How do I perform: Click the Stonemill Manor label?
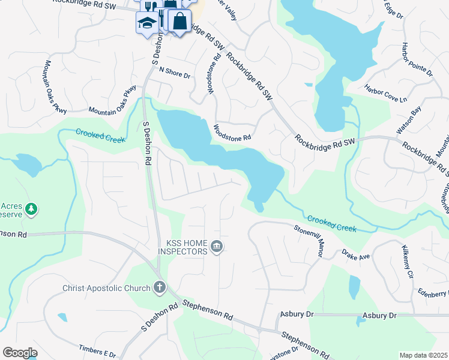[309, 241]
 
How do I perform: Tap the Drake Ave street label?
[357, 256]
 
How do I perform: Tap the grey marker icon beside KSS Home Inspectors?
[217, 246]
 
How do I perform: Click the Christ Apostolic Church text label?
[106, 288]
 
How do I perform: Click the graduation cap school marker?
[146, 23]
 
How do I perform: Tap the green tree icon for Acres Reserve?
[31, 209]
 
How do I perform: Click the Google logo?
[20, 352]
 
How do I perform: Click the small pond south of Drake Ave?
[354, 287]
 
